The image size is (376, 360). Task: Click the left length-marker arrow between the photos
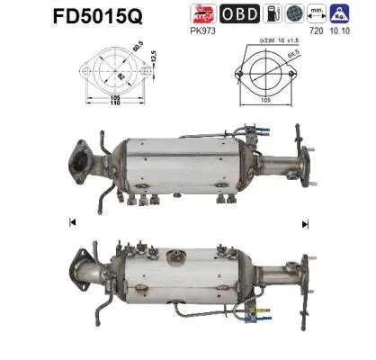pos(70,222)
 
